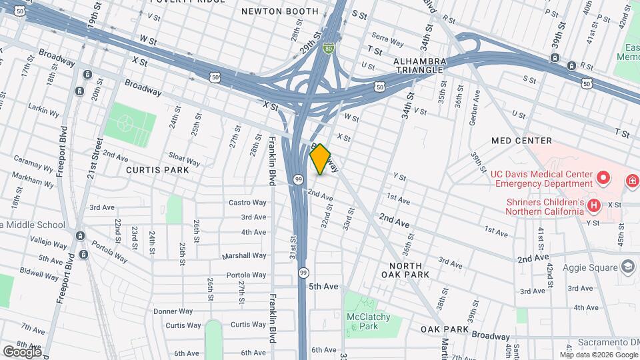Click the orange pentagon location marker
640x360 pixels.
321,160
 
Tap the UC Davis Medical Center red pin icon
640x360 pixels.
604,178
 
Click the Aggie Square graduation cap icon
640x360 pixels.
627,267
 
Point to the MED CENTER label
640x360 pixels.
521,141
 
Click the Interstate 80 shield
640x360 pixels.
327,48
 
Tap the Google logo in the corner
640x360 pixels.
22,351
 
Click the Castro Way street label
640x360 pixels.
247,203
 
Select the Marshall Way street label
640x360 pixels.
245,255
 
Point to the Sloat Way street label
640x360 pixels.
183,162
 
